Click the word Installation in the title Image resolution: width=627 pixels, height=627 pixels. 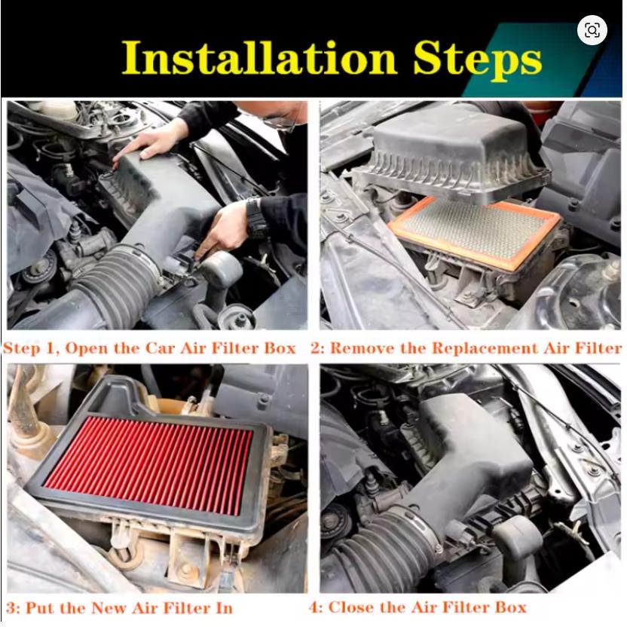pyautogui.click(x=258, y=58)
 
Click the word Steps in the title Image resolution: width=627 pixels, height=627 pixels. pyautogui.click(x=478, y=60)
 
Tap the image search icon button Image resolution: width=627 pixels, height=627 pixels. pyautogui.click(x=592, y=30)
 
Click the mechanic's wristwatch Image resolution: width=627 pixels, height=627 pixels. pyautogui.click(x=256, y=217)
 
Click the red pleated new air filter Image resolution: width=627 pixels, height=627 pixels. pyautogui.click(x=148, y=465)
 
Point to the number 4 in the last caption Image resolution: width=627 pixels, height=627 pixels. pyautogui.click(x=314, y=608)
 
